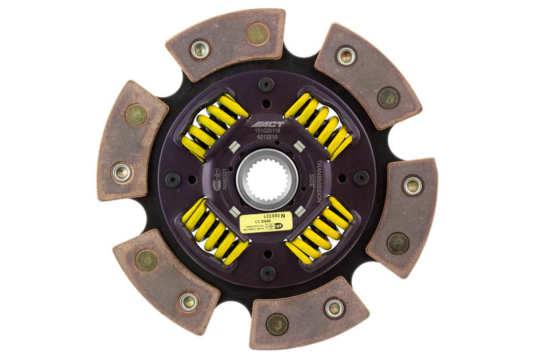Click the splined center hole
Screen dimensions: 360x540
[x=267, y=178]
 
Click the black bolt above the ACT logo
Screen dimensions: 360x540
[x=267, y=84]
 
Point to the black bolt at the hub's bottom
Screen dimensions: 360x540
[x=268, y=273]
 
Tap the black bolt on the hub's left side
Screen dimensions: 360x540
[x=173, y=180]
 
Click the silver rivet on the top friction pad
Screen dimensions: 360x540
[x=200, y=49]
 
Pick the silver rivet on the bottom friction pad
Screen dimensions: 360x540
[x=333, y=308]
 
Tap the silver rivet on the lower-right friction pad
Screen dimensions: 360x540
[x=412, y=185]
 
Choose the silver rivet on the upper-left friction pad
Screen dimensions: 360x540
[x=122, y=172]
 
